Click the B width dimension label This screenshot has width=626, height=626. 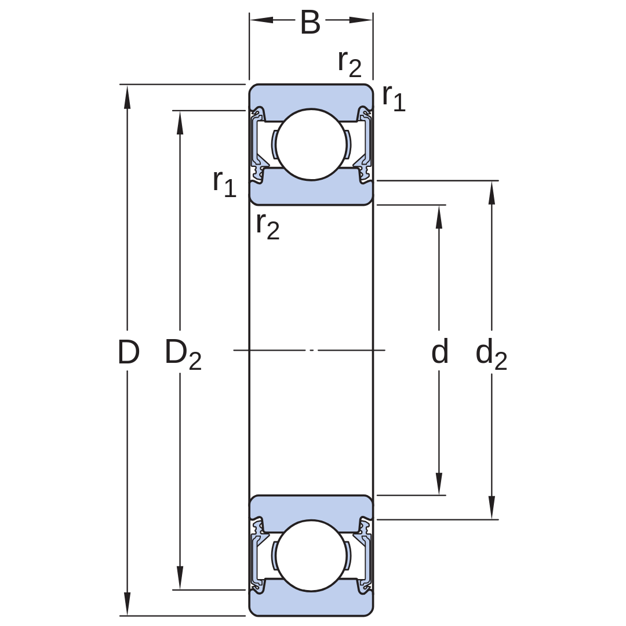(x=310, y=23)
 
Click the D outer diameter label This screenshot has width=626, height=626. (x=129, y=352)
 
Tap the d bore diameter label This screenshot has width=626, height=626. (x=439, y=351)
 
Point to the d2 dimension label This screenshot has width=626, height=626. (x=491, y=355)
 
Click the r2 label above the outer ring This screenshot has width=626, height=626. (x=350, y=64)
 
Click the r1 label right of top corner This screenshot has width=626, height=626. (x=394, y=98)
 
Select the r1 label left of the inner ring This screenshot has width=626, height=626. (x=224, y=184)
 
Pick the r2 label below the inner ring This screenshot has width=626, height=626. (x=267, y=227)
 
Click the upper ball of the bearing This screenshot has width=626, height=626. (x=311, y=144)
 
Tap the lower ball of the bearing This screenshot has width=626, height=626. (x=311, y=555)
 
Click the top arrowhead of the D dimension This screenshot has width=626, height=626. (x=127, y=96)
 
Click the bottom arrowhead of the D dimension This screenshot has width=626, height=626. (x=127, y=603)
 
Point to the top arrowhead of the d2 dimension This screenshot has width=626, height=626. (x=492, y=192)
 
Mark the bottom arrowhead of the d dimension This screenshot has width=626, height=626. (x=439, y=483)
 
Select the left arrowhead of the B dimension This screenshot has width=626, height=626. (x=261, y=20)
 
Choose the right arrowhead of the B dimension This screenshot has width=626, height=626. (x=361, y=20)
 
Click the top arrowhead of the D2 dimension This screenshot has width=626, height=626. (x=180, y=122)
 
